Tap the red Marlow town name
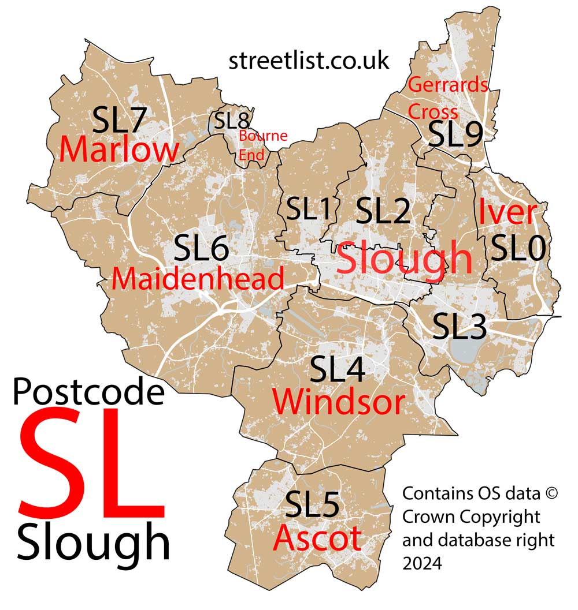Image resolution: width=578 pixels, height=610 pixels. (x=119, y=150)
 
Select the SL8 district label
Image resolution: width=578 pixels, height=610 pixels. (x=232, y=121)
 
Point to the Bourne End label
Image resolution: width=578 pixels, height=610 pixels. (x=263, y=145)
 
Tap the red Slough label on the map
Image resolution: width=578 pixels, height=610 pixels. (x=404, y=259)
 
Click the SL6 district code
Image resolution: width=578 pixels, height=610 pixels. (x=202, y=249)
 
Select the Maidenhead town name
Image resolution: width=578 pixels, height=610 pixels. (x=198, y=279)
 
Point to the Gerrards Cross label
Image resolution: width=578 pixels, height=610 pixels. (x=448, y=98)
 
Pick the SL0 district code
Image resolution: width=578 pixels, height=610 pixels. (x=517, y=249)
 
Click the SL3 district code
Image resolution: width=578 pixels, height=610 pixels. (x=460, y=326)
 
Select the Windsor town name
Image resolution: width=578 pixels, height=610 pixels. (x=338, y=402)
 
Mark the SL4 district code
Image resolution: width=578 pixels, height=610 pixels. (x=338, y=369)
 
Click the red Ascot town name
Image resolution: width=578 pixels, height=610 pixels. (x=317, y=538)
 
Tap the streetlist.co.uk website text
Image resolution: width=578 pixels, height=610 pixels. (x=309, y=61)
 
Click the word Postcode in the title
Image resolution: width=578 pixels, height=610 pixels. (x=88, y=392)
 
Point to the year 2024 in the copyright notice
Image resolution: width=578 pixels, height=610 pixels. (x=421, y=559)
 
